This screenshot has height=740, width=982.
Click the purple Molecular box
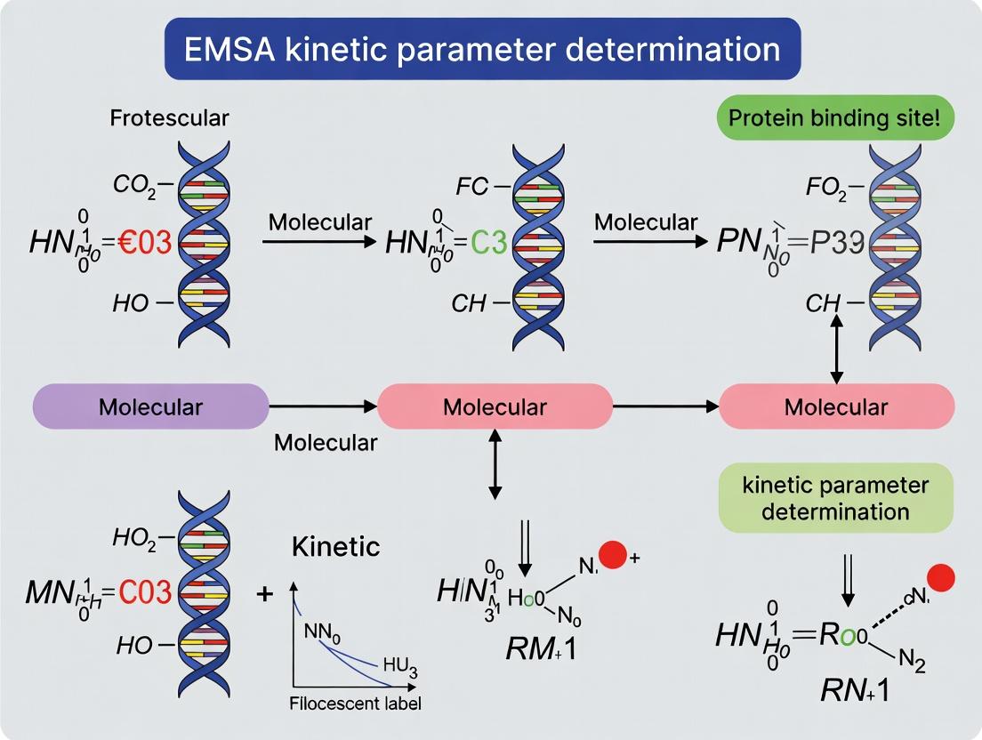click(x=150, y=407)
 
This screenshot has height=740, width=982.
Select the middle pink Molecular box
click(x=495, y=407)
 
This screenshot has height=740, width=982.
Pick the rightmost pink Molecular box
click(x=836, y=407)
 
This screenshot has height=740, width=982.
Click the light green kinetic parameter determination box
click(x=836, y=498)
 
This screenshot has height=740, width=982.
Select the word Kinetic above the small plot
click(x=335, y=546)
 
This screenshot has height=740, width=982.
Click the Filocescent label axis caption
click(x=356, y=704)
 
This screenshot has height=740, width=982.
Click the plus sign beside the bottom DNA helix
click(x=264, y=593)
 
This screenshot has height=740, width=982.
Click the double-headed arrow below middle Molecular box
click(x=495, y=463)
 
